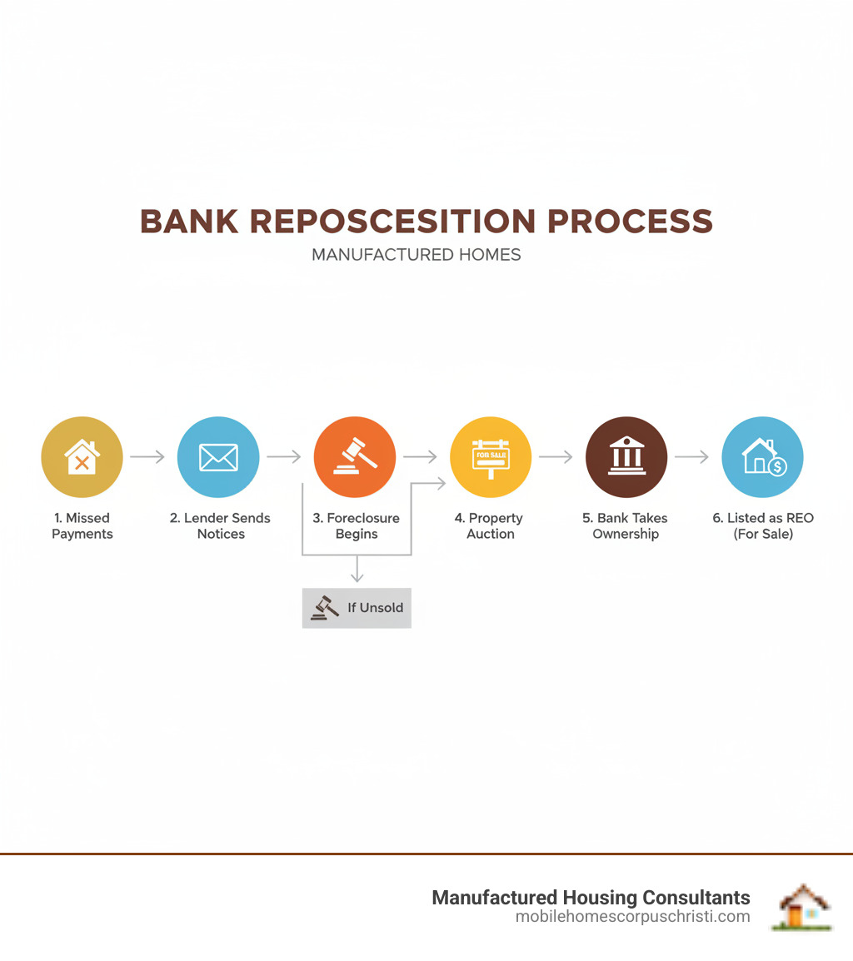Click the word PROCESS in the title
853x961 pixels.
coord(630,222)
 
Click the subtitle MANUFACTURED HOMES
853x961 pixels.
coord(417,255)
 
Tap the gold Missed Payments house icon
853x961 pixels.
coord(82,457)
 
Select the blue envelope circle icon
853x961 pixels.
coord(218,457)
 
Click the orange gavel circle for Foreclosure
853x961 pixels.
coord(355,457)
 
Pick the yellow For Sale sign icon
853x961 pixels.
coord(491,457)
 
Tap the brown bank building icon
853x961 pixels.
coord(626,457)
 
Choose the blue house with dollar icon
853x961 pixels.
coord(762,457)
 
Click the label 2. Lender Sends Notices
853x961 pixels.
coord(220,525)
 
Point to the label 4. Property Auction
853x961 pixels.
coord(489,525)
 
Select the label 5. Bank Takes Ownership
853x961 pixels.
coord(625,525)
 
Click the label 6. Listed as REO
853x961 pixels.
coord(763,518)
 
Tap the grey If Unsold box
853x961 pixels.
coord(357,608)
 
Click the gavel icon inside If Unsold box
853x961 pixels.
coord(324,608)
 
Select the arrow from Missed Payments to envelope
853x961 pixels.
coord(147,456)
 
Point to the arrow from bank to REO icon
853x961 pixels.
coord(691,456)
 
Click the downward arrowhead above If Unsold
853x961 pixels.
coord(357,577)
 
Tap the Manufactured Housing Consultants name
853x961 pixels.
coord(591,897)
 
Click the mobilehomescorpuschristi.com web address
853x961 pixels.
coord(633,916)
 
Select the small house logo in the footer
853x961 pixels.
coord(804,907)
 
